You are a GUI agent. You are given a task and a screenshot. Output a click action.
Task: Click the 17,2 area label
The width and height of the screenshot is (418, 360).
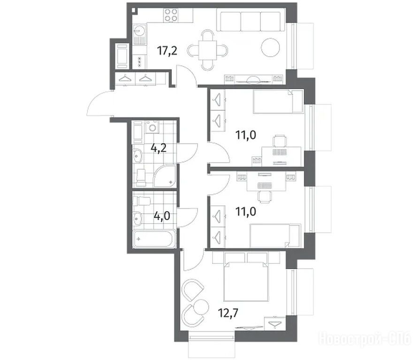point(167,50)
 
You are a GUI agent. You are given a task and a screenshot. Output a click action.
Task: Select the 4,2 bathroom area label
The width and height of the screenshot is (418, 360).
point(159,148)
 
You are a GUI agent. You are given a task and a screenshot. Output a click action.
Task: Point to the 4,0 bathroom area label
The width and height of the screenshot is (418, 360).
point(162,216)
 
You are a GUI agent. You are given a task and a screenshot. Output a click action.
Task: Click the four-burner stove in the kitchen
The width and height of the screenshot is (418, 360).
point(171,15)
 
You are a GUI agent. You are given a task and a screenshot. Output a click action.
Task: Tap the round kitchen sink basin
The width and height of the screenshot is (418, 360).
point(139,30)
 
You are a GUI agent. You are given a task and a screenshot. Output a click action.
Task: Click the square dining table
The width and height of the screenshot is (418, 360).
point(207,50)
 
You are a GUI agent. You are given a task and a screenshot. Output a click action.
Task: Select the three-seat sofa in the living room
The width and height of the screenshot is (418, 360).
point(251,20)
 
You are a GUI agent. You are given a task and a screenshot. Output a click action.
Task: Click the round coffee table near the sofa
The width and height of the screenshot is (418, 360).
point(270,48)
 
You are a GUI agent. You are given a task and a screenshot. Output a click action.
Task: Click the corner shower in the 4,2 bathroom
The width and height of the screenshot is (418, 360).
point(165,176)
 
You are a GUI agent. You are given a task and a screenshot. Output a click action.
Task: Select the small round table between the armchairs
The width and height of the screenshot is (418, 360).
point(201,307)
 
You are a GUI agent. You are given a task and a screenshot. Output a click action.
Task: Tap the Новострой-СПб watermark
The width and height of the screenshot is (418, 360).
point(365,339)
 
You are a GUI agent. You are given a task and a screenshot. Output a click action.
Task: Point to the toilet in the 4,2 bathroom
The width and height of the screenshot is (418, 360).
point(141,178)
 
